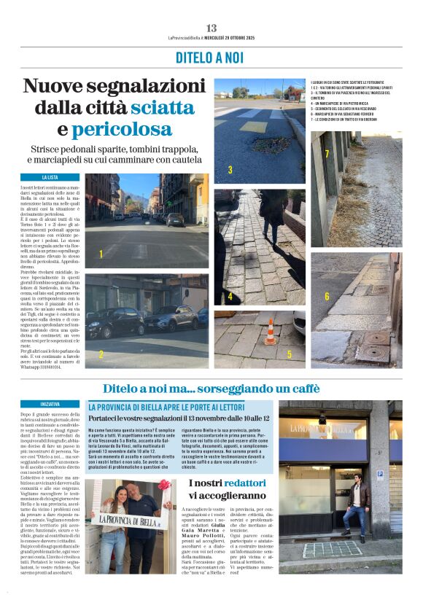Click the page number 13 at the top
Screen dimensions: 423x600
click(x=211, y=28)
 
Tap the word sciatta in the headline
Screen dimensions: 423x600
click(x=162, y=108)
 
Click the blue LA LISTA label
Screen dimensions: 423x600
click(x=50, y=177)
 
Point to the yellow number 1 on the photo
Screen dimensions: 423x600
click(x=101, y=254)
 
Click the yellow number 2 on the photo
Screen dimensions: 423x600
click(x=101, y=354)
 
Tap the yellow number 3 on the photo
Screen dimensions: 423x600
click(x=230, y=170)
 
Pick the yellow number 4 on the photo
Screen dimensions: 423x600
click(x=230, y=297)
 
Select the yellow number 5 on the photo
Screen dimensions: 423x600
click(x=289, y=354)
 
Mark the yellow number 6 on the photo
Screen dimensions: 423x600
click(x=327, y=296)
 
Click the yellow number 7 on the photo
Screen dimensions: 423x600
click(x=327, y=154)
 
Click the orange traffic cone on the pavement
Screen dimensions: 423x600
click(x=270, y=331)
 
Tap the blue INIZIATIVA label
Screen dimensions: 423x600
click(x=50, y=402)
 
